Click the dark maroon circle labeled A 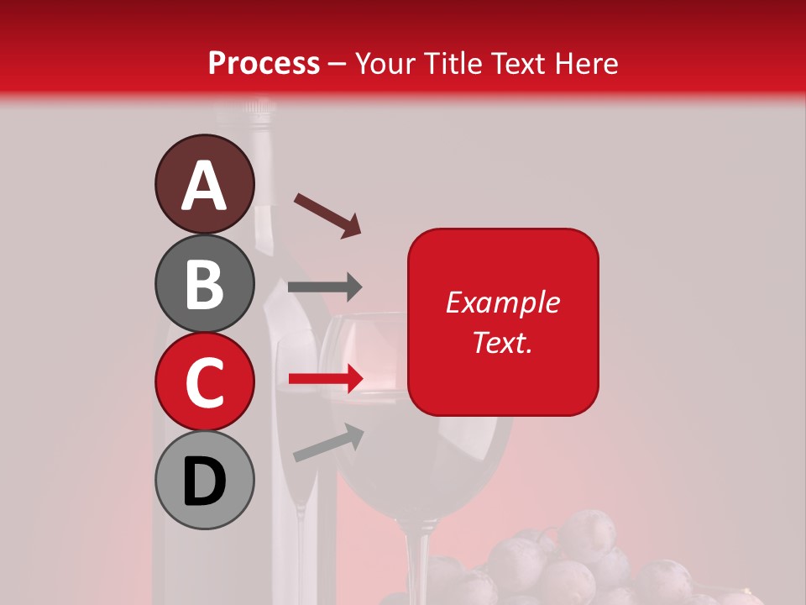tap(204, 184)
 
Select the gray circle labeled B tap(204, 283)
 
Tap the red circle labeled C tap(204, 381)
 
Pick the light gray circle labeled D tap(204, 481)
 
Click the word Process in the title tap(264, 63)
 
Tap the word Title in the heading tap(453, 63)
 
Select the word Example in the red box tap(502, 302)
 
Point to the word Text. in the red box tap(502, 342)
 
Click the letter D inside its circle tap(204, 482)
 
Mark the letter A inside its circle tap(204, 186)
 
